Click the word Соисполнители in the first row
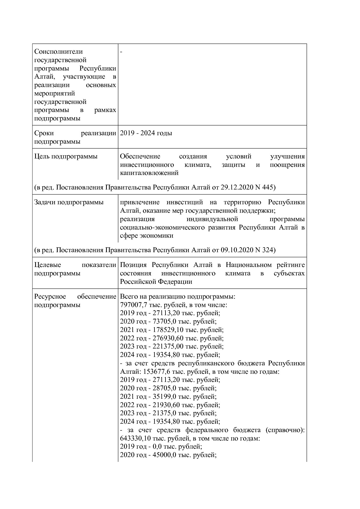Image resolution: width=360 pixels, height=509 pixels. click(x=58, y=52)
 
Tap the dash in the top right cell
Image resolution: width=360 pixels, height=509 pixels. click(x=121, y=52)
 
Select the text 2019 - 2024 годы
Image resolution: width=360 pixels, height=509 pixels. click(x=146, y=133)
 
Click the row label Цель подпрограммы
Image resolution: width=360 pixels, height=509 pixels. click(x=66, y=156)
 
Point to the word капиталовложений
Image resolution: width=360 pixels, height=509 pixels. click(x=149, y=173)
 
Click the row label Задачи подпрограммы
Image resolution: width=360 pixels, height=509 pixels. click(x=69, y=202)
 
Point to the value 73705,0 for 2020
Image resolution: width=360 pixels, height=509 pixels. click(x=162, y=322)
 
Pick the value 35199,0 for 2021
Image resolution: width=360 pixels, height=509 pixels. click(x=162, y=397)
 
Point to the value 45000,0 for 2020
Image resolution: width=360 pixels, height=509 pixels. click(x=162, y=455)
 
